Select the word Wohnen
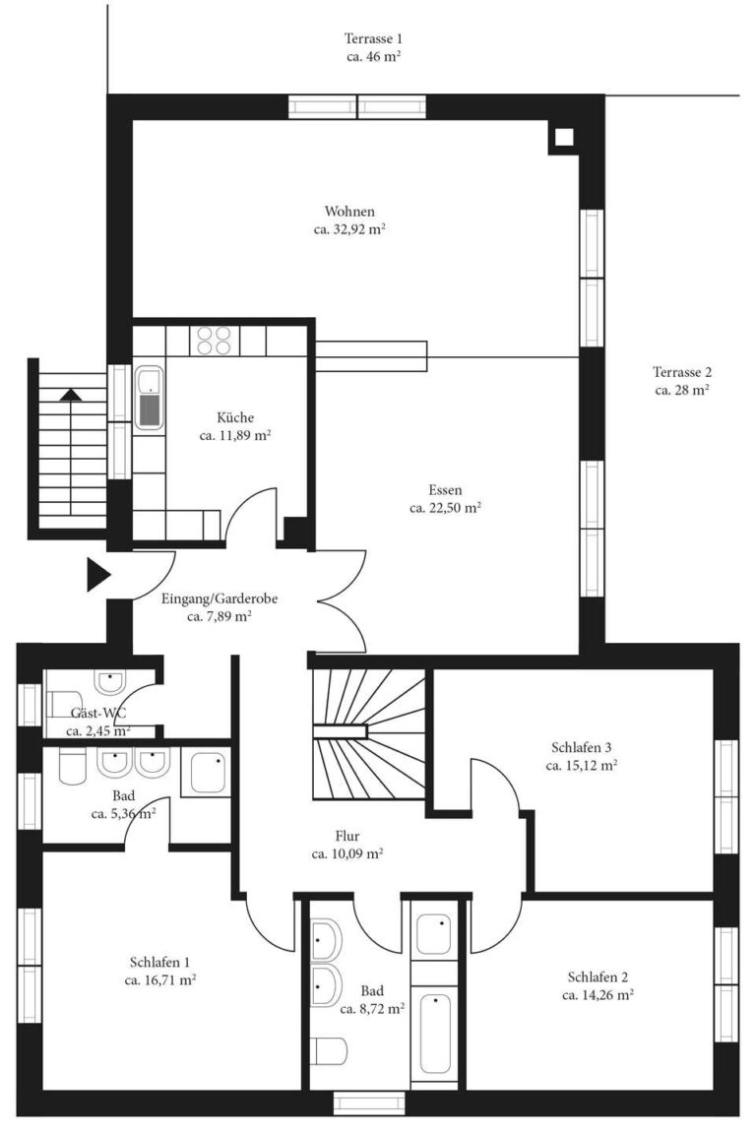pos(349,212)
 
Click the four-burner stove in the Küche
pos(214,340)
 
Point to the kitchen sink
pos(149,397)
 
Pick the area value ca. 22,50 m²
pos(445,508)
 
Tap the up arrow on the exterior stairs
pos(71,395)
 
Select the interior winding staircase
pos(368,732)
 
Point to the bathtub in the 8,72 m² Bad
pos(434,1035)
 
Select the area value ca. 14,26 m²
pos(598,994)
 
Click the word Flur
pos(346,837)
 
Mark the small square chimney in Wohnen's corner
pos(563,138)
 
